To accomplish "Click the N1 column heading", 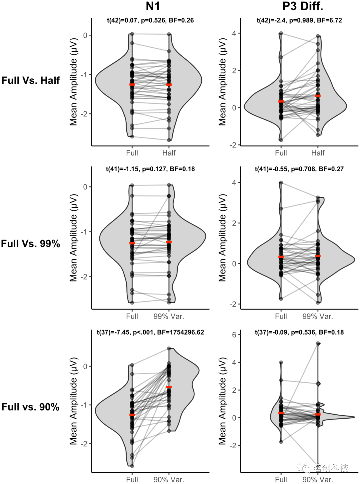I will (x=153, y=6).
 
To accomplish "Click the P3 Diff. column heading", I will (x=302, y=6).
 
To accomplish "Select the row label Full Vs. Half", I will (x=31, y=80).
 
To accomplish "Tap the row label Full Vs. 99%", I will (x=31, y=244).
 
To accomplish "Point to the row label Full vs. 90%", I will (x=31, y=407).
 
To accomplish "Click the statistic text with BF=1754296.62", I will (x=150, y=332).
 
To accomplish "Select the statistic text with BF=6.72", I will (x=299, y=20).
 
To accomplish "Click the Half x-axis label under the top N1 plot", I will (x=169, y=153).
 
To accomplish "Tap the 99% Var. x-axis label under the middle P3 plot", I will (x=318, y=316).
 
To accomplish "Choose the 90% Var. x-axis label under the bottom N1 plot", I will (x=169, y=480).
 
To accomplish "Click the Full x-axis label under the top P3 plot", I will (x=281, y=153).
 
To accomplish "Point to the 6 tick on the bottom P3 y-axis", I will (x=234, y=335).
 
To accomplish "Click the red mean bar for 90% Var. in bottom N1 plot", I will (x=169, y=387).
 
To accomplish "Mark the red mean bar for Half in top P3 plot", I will (x=318, y=96).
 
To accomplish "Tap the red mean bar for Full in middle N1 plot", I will (x=132, y=243).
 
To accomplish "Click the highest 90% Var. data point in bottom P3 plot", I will (x=318, y=343).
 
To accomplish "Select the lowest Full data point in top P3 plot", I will (x=281, y=140).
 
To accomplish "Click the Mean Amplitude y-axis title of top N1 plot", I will (x=73, y=82).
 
